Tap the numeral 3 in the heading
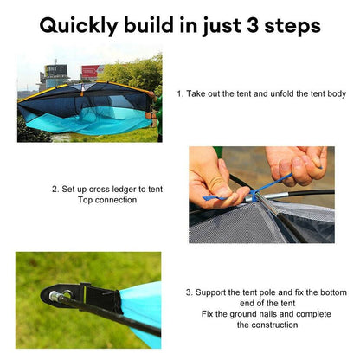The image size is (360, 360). [x=254, y=25]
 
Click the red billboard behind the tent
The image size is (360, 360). [x=90, y=72]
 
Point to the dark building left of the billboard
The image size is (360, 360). [x=54, y=74]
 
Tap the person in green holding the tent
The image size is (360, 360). [x=157, y=112]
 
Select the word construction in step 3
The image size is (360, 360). [x=273, y=325]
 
